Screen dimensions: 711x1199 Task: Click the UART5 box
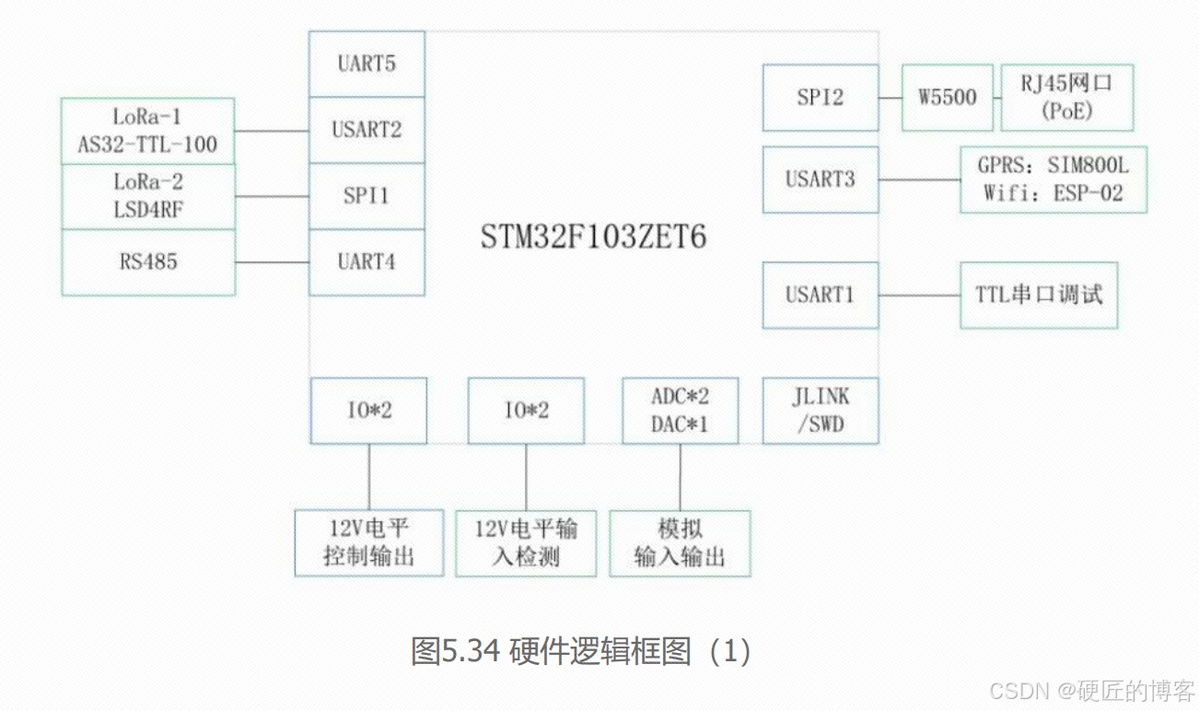(367, 64)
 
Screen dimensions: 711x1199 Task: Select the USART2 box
(367, 130)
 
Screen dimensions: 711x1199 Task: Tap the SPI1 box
(367, 196)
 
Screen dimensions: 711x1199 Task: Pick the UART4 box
(367, 262)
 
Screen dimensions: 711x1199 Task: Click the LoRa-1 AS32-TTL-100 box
(148, 131)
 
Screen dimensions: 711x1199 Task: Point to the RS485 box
(148, 262)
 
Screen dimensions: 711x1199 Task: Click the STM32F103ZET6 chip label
(593, 238)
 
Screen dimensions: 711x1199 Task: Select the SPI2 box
(820, 98)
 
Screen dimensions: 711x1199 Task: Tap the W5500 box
(947, 98)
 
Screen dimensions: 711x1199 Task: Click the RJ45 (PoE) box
(1066, 98)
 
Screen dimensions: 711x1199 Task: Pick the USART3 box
(820, 180)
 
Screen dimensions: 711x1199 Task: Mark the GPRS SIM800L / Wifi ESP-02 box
(1053, 180)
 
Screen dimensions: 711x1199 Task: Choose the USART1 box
(820, 295)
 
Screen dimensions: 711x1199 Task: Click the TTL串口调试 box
(1039, 295)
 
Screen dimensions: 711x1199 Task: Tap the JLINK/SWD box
(820, 411)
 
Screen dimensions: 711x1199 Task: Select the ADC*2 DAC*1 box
(680, 411)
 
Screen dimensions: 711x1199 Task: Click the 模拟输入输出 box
(680, 543)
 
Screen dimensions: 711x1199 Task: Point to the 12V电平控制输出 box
(368, 542)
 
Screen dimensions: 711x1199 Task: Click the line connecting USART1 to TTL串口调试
(919, 296)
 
